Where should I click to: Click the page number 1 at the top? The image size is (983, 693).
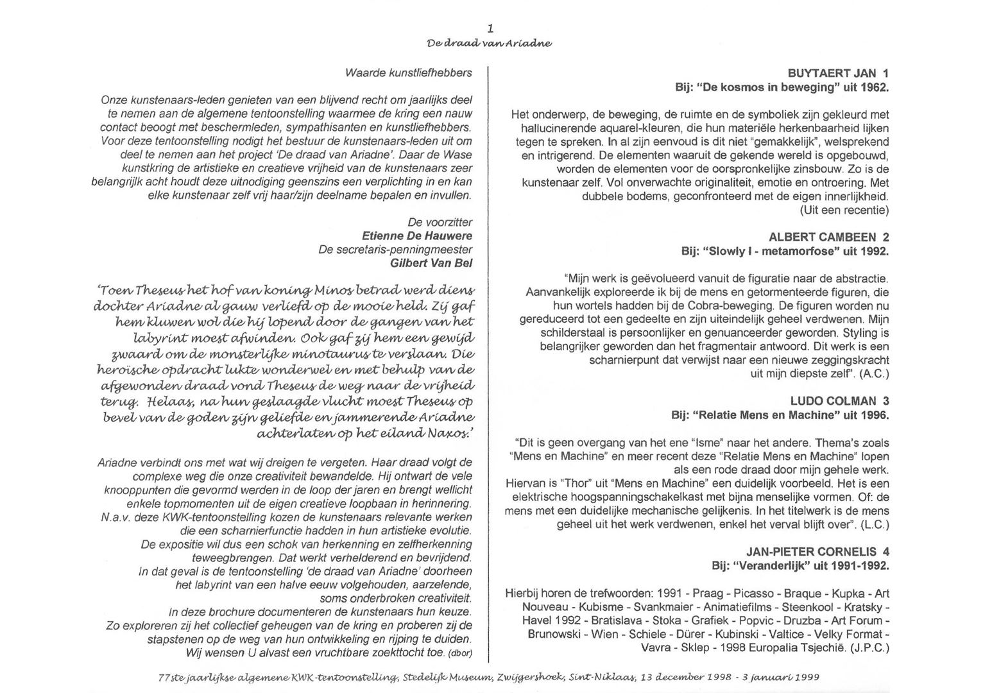point(490,28)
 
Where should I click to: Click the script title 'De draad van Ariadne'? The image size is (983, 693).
point(490,44)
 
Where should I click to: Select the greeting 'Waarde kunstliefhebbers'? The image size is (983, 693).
point(408,73)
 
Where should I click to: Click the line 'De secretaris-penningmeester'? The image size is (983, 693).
point(395,250)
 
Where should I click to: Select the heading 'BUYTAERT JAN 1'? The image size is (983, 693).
point(838,74)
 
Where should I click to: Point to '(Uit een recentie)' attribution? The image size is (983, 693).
point(844,210)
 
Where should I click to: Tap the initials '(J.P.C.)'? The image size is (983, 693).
point(869,648)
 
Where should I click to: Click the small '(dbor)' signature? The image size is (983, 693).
point(460,654)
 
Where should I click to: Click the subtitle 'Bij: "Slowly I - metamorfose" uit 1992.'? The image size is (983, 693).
point(785,252)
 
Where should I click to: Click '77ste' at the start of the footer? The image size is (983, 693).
point(169,677)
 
